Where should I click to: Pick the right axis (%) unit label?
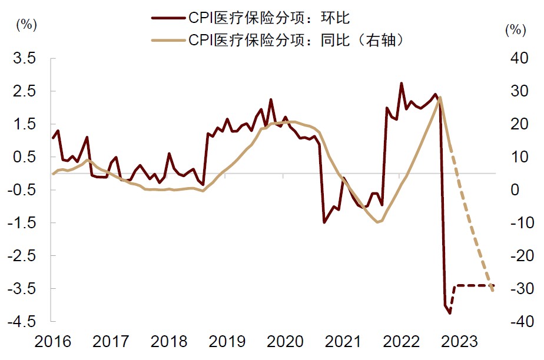pyautogui.click(x=515, y=29)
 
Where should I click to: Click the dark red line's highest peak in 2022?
pyautogui.click(x=402, y=84)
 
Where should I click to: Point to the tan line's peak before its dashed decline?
pyautogui.click(x=440, y=98)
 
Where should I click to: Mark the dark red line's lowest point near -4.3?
pyautogui.click(x=450, y=313)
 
